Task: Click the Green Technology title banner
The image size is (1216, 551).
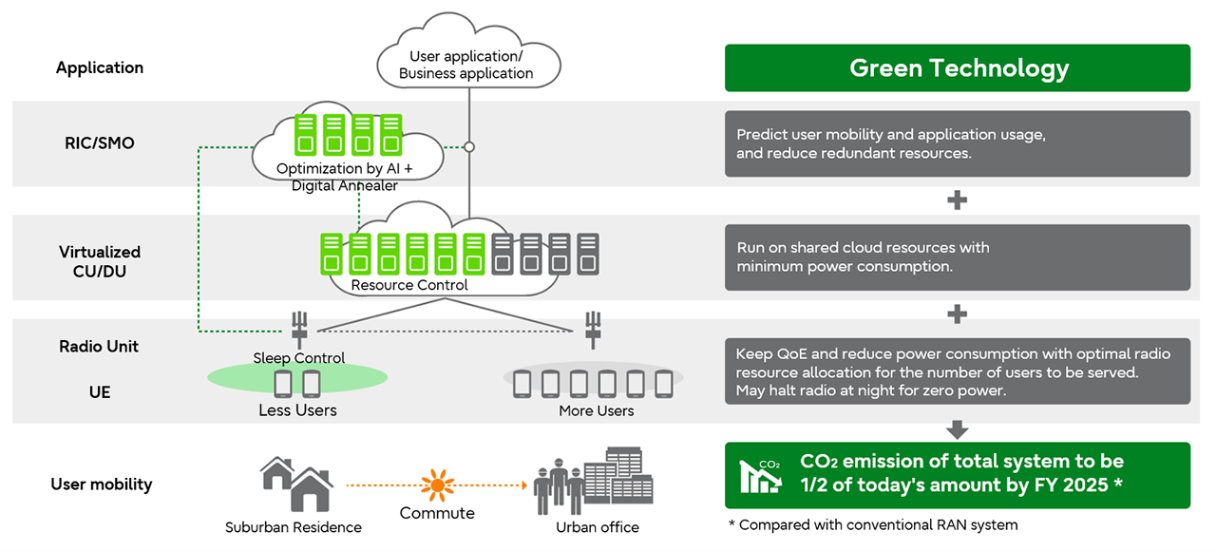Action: (957, 67)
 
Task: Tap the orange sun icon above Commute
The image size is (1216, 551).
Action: (438, 484)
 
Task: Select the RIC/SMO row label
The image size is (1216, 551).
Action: (100, 142)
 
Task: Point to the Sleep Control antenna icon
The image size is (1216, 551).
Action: (299, 330)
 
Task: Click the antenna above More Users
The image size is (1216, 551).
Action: (593, 330)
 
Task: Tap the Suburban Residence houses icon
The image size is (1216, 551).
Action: (297, 484)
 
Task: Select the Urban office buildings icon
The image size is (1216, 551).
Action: (594, 481)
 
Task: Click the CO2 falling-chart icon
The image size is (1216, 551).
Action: (760, 476)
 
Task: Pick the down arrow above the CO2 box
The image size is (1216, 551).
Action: (957, 429)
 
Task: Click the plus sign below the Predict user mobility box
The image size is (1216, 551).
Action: (957, 200)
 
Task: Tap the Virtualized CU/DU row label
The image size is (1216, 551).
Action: (100, 261)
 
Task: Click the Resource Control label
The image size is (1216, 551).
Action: (409, 285)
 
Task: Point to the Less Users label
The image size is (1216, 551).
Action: (297, 409)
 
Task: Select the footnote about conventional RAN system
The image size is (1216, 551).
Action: (873, 525)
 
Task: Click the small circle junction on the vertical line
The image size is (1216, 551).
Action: (469, 147)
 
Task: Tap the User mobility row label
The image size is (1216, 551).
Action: (102, 484)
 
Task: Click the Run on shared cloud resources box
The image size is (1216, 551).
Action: (957, 257)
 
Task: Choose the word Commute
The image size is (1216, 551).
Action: (437, 513)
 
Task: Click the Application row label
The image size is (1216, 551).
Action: (100, 67)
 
